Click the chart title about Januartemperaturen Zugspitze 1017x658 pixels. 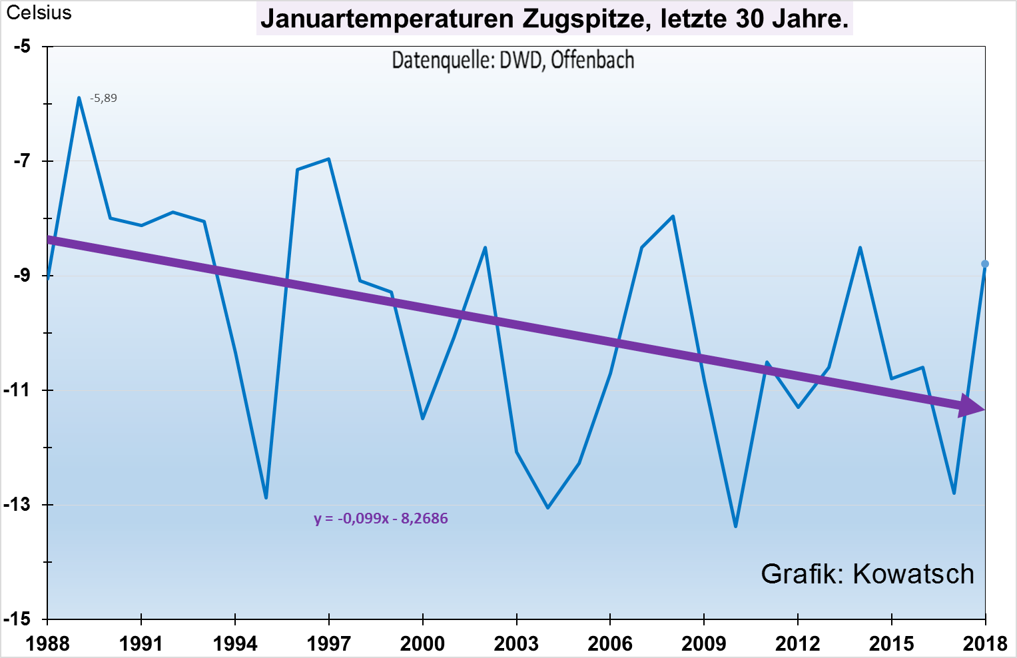[554, 19]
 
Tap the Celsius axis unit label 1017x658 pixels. [39, 13]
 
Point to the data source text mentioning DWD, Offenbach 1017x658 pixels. [513, 61]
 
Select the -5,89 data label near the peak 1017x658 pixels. [103, 99]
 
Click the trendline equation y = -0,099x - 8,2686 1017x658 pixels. [381, 519]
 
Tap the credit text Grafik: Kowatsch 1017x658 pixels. [867, 574]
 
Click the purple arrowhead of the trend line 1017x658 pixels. [971, 406]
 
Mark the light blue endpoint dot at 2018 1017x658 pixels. [985, 264]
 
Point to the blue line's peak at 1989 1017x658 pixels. [79, 98]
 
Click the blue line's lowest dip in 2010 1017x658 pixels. [735, 527]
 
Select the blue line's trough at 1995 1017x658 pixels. [266, 497]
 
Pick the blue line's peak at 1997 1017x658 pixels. [329, 159]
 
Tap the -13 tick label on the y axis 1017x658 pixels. [20, 505]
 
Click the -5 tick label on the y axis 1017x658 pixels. [23, 47]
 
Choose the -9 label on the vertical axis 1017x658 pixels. [23, 276]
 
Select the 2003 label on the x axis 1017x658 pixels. [516, 643]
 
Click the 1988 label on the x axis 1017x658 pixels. [47, 643]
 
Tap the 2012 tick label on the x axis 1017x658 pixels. [798, 643]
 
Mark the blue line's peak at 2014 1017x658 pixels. [860, 248]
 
